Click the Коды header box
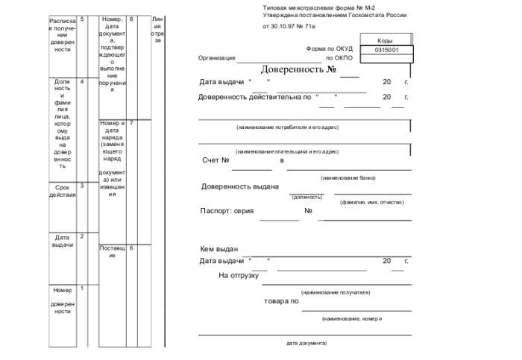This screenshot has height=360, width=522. click(x=386, y=40)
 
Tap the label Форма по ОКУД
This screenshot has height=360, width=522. click(x=330, y=49)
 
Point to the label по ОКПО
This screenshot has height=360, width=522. click(x=339, y=57)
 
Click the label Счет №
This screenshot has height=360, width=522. click(x=216, y=160)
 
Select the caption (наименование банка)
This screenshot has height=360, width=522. click(x=348, y=177)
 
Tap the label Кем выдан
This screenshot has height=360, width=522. click(x=218, y=249)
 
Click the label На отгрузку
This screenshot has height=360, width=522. click(x=238, y=275)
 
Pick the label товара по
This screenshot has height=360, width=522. click(x=282, y=301)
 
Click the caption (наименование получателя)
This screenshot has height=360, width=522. click(x=336, y=292)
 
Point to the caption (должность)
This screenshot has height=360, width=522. click(x=306, y=197)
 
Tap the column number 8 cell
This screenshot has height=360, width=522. click(x=131, y=18)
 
